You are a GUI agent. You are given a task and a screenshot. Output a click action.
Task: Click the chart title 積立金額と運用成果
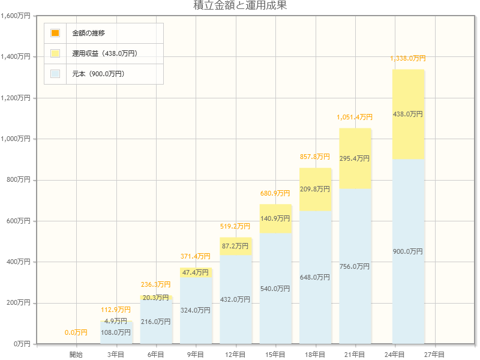[x=240, y=6]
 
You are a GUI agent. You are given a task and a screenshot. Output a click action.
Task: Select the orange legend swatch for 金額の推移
[x=55, y=33]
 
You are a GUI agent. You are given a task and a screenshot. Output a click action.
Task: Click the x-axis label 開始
[x=76, y=355]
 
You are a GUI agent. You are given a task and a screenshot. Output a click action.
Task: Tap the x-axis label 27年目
[x=434, y=355]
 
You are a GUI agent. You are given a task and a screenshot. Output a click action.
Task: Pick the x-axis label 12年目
[x=235, y=355]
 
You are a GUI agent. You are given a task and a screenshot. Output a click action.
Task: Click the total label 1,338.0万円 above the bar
[x=408, y=58]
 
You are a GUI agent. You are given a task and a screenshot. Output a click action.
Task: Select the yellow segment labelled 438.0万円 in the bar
[x=408, y=114]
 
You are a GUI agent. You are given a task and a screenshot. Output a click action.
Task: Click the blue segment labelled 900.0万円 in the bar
[x=408, y=251]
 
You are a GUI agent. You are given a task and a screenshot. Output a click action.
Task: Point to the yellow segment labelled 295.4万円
[x=355, y=158]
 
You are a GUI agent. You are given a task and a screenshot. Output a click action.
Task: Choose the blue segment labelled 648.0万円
[x=315, y=277]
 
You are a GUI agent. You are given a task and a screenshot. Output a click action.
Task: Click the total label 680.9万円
[x=275, y=193]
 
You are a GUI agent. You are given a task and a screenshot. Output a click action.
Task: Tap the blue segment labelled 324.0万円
[x=196, y=310]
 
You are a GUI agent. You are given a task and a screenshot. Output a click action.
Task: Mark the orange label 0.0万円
[x=76, y=332]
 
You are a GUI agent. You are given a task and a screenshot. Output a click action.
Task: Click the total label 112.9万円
[x=116, y=310]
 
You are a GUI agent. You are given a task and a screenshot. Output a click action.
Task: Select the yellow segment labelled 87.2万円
[x=235, y=246]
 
